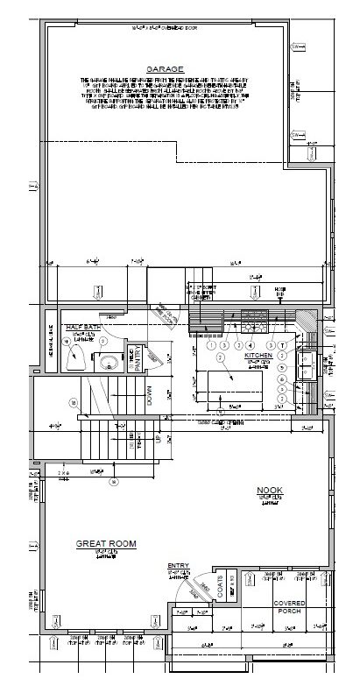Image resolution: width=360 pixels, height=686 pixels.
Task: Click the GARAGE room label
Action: click(164, 67)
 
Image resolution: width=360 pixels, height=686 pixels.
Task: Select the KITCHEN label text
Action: click(259, 356)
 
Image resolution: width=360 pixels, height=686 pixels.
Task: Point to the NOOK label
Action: click(268, 492)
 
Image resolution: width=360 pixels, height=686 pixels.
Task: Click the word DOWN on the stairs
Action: click(150, 395)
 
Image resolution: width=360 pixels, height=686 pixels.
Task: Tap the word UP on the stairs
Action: click(158, 436)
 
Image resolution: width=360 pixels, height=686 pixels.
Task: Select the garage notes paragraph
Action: click(164, 97)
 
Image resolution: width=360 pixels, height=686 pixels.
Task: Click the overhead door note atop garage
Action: click(164, 30)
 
